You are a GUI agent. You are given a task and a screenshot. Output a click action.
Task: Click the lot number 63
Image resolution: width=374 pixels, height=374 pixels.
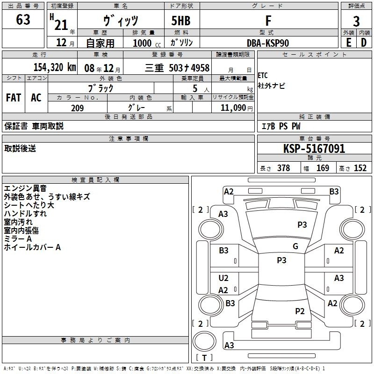point(23,20)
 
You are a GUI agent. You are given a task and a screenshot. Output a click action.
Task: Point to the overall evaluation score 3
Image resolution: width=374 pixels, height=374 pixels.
point(356,21)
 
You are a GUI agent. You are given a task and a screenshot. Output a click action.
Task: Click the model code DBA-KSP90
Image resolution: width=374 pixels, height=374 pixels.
point(268,43)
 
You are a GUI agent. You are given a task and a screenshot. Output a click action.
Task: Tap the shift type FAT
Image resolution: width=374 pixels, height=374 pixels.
point(14,97)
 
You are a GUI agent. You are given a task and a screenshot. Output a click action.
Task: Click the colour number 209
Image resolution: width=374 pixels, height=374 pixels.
point(77,108)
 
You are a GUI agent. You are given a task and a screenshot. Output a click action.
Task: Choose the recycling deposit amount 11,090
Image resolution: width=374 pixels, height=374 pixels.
point(233,108)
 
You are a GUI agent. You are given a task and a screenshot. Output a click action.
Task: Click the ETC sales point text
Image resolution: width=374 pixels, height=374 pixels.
point(263,76)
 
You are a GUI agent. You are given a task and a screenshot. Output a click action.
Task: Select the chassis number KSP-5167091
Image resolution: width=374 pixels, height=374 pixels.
point(314,149)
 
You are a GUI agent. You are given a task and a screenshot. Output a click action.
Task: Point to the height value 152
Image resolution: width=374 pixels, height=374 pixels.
point(360,168)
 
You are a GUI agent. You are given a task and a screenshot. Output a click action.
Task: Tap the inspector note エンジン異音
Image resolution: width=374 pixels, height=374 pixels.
point(25,188)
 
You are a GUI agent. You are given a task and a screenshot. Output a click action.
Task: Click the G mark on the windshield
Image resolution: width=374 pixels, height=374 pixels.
point(295,246)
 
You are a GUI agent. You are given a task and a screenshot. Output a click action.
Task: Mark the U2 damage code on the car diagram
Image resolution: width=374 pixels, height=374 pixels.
point(223,278)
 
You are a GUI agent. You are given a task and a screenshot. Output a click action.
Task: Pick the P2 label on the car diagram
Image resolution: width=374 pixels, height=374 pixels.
point(300,311)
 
